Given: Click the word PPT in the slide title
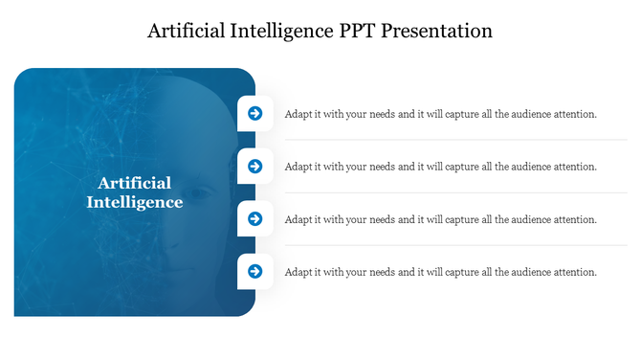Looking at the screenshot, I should pyautogui.click(x=360, y=31).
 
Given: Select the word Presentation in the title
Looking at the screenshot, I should pyautogui.click(x=437, y=31).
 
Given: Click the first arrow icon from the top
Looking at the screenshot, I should pyautogui.click(x=255, y=113).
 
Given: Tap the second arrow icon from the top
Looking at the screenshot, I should pyautogui.click(x=255, y=166).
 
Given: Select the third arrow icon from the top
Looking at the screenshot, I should pyautogui.click(x=255, y=218).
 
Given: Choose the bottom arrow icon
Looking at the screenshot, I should pyautogui.click(x=255, y=271).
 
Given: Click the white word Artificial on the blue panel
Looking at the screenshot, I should pyautogui.click(x=135, y=183).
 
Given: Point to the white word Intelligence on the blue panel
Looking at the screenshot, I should pyautogui.click(x=135, y=202).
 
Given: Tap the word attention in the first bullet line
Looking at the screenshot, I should pyautogui.click(x=572, y=114).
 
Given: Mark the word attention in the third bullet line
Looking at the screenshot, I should pyautogui.click(x=572, y=219).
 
